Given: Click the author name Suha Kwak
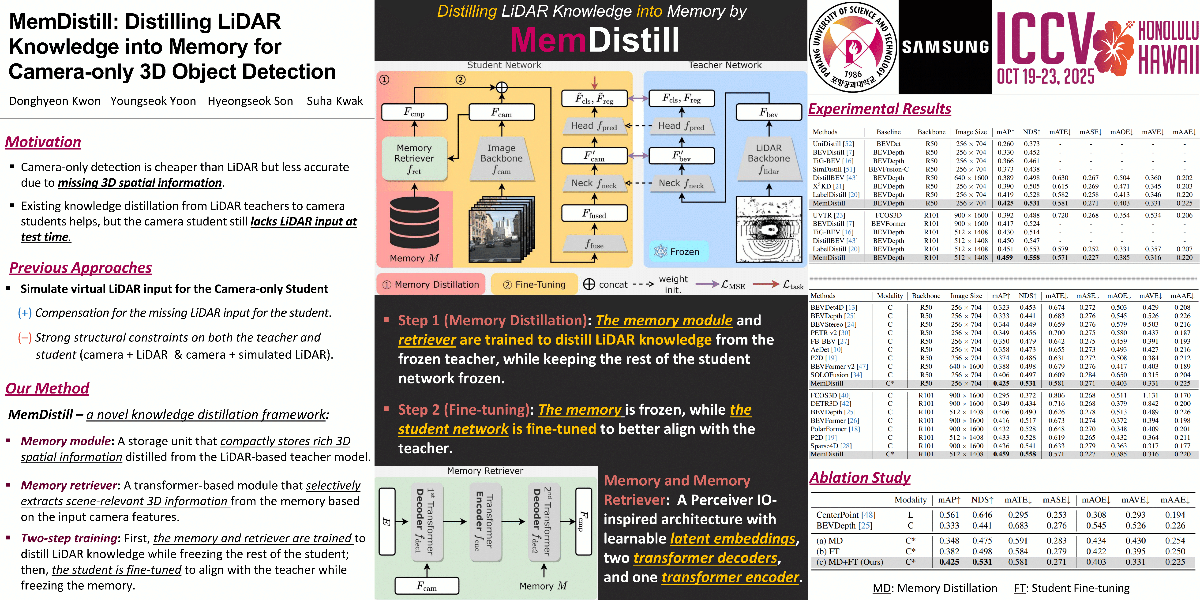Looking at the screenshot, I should coord(334,101).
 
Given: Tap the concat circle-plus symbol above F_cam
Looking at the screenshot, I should coord(501,87).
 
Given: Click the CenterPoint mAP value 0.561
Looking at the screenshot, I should coord(949,515).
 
